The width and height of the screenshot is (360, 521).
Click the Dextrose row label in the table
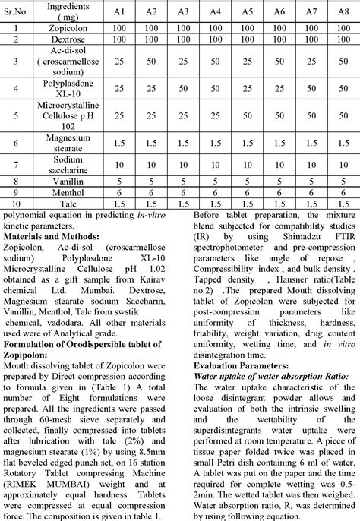click(69, 36)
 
